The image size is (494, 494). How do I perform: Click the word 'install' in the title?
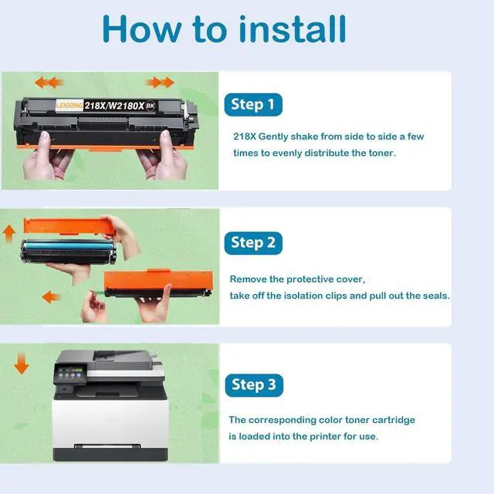point(293,29)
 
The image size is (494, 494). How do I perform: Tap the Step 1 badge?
point(253,105)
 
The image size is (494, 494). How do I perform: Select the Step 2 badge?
point(253,243)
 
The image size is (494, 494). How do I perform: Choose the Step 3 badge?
point(254,385)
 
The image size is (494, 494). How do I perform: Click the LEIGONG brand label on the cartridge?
point(69,105)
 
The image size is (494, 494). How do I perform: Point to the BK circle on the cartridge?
point(151,106)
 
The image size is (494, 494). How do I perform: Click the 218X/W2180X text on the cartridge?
point(114,106)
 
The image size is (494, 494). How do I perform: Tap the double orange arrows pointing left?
point(49,83)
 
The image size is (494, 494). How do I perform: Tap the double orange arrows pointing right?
point(160,83)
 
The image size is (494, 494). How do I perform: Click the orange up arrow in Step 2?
point(9,234)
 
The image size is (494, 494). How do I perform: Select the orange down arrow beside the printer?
point(22,364)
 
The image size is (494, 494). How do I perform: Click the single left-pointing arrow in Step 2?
point(51,297)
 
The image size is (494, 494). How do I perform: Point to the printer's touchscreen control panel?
point(70,374)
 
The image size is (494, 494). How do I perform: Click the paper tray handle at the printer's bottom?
point(107,446)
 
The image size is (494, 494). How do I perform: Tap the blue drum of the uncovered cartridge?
point(68,245)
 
